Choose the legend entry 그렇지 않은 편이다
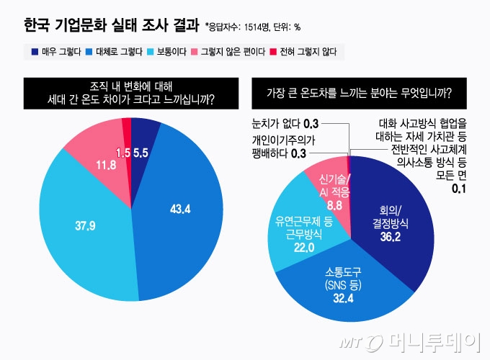click(x=223, y=53)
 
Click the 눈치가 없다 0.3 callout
click(x=286, y=122)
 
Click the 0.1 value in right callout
click(x=458, y=188)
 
